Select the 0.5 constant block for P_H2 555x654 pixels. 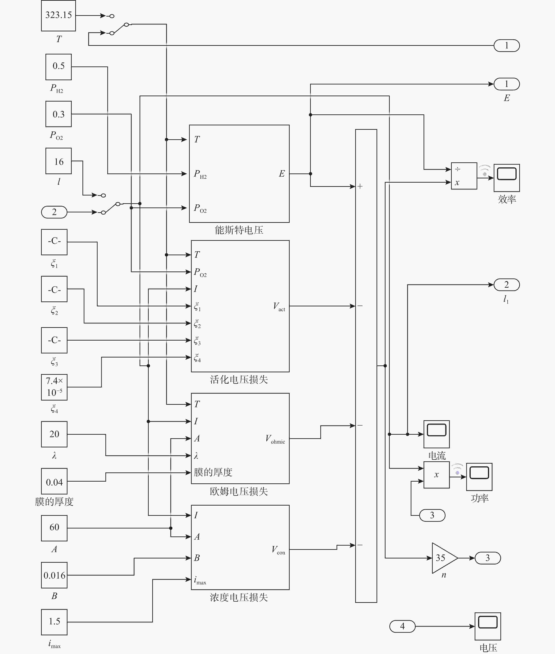point(58,67)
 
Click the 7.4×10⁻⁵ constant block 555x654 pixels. point(54,387)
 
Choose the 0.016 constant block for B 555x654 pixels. point(54,575)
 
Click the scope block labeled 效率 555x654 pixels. point(507,178)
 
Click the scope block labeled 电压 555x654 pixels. point(488,626)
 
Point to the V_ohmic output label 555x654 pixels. point(275,439)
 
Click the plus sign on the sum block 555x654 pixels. point(360,186)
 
